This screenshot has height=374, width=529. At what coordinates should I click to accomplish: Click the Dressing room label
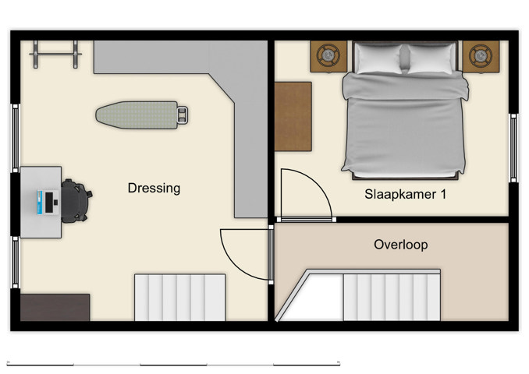154,188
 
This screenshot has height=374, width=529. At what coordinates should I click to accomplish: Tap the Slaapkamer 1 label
405,194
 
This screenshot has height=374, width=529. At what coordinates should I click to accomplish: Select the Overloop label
400,245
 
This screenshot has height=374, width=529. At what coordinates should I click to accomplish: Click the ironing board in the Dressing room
140,115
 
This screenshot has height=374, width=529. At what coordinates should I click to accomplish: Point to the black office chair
76,201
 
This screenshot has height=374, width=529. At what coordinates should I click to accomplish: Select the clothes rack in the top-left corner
55,54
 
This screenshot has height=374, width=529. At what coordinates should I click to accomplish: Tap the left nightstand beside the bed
328,56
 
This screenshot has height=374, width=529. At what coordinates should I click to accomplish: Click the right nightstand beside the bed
480,56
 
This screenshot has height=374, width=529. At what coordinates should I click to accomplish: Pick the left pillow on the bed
378,58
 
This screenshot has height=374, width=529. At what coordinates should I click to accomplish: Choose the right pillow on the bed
430,58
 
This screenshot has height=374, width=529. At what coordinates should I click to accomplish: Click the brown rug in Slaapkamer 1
293,115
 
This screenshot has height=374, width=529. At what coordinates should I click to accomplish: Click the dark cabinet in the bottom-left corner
55,307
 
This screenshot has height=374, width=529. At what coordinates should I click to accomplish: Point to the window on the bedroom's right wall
513,148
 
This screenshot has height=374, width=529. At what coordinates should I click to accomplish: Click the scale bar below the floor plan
173,364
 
